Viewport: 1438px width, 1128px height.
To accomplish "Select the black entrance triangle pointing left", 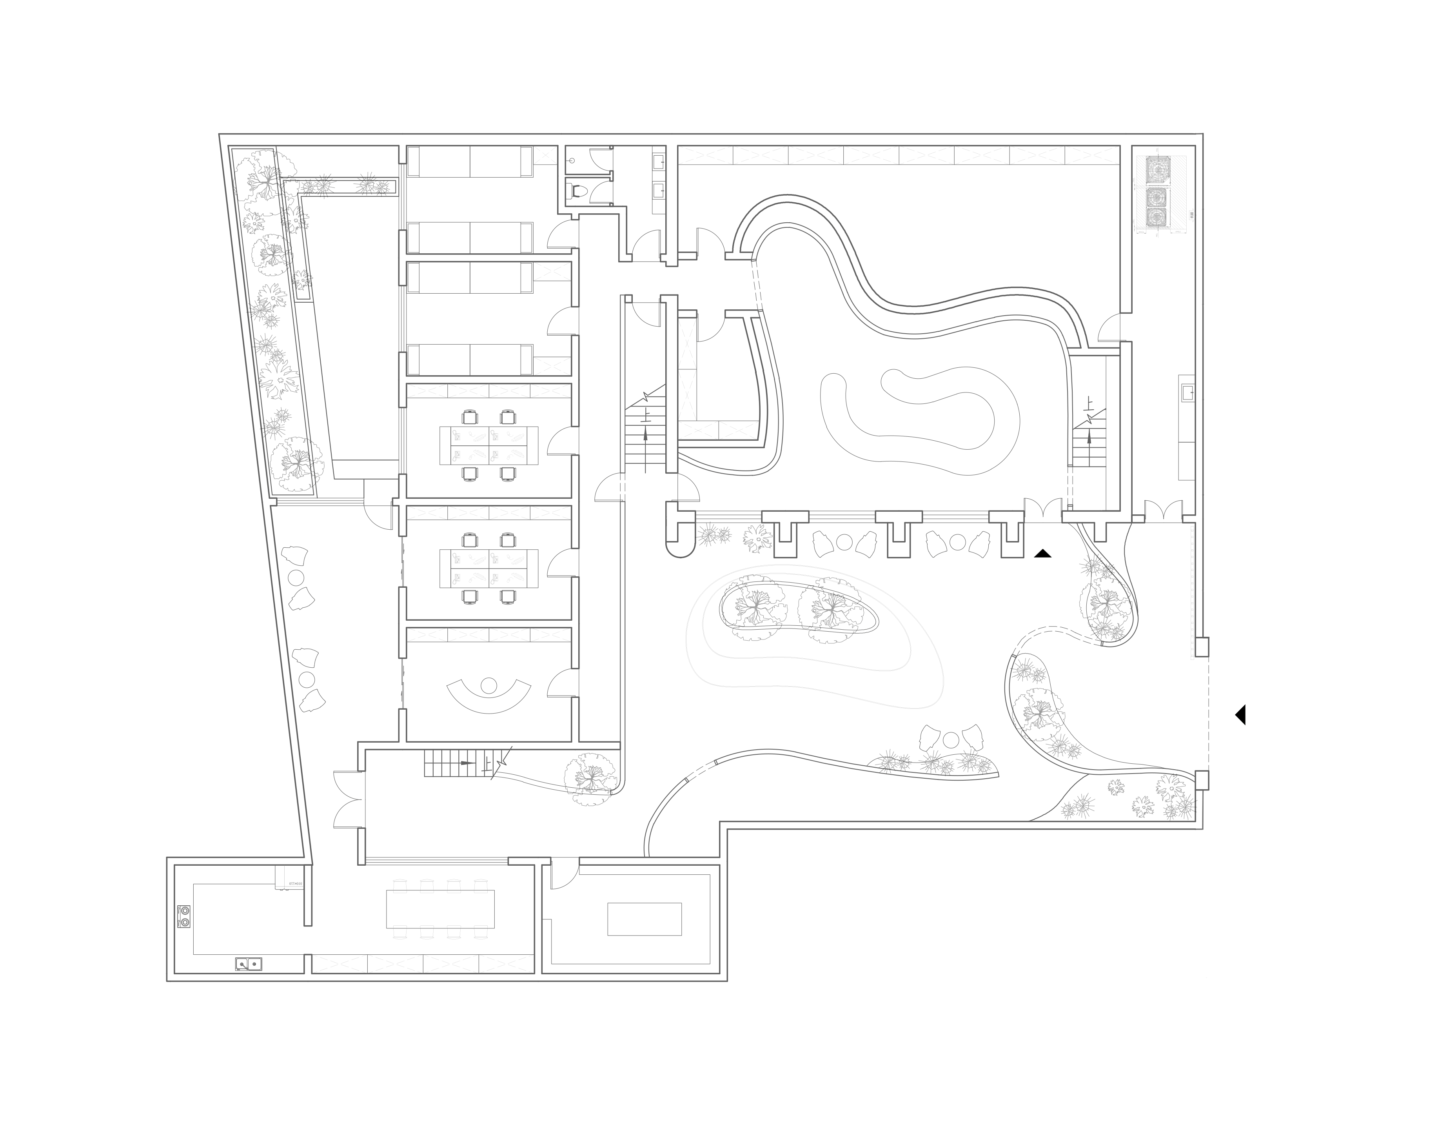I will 1240,715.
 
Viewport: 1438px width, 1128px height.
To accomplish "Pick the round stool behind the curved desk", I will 488,685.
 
